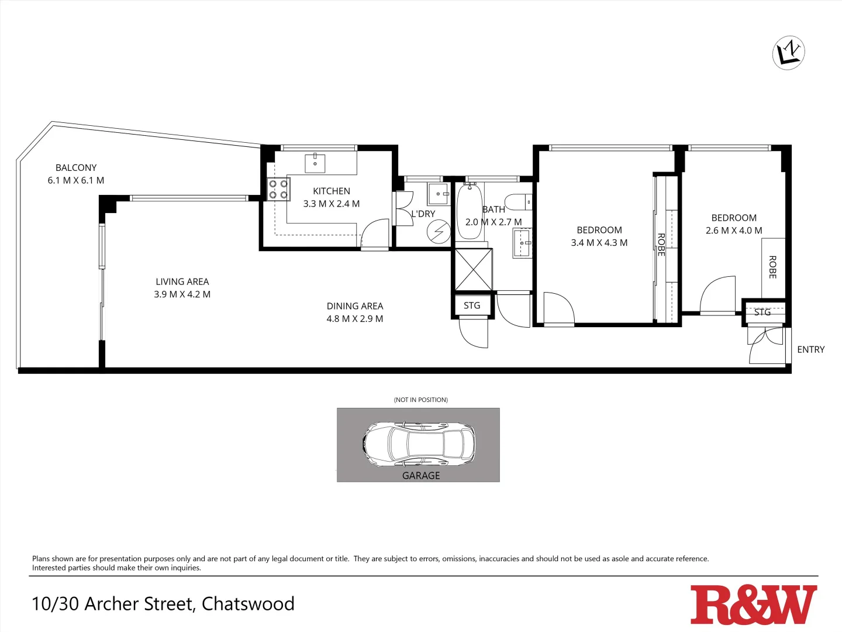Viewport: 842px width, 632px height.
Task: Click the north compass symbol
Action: tap(788, 53)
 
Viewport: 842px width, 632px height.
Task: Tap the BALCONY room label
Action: tap(76, 168)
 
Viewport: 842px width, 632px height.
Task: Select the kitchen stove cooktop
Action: tap(278, 189)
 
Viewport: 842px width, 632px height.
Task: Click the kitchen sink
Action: tap(315, 163)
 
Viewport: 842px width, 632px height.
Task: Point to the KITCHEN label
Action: tap(332, 191)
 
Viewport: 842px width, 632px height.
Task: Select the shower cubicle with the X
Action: tap(474, 269)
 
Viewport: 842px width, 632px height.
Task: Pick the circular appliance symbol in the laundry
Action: tap(438, 232)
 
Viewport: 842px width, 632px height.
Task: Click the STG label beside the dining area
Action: tap(472, 305)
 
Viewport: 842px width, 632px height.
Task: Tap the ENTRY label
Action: tap(811, 349)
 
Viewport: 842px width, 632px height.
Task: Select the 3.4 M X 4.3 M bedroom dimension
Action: tap(599, 243)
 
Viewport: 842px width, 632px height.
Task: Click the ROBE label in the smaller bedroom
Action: tap(772, 267)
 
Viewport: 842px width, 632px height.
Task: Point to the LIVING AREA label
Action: tap(182, 281)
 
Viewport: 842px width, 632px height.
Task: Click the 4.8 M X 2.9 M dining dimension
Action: tap(355, 319)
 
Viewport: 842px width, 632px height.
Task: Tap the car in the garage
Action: tap(419, 444)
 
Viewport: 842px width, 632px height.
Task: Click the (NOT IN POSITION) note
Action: tap(421, 400)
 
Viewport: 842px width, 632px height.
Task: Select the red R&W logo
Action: tap(753, 604)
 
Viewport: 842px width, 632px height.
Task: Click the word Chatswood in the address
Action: tap(248, 604)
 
